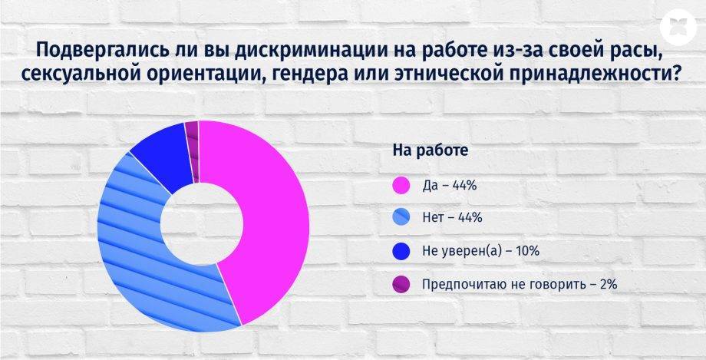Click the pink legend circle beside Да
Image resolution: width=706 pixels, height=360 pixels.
point(401,185)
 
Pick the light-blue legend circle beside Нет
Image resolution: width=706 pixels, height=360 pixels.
point(401,218)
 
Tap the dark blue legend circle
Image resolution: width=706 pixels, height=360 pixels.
point(401,251)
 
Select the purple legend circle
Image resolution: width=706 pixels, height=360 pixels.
point(401,284)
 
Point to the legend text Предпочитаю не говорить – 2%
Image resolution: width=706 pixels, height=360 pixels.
point(520,284)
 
